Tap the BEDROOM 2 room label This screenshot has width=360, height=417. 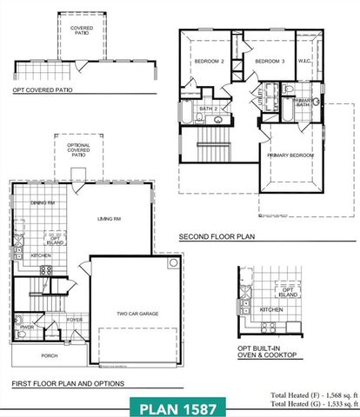pos(209,62)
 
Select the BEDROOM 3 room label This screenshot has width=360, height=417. pos(270,62)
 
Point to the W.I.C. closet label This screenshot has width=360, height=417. pos(305,61)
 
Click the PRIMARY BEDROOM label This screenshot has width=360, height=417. pos(290,155)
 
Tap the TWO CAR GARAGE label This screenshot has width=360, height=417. pos(137,314)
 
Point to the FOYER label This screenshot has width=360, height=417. pos(76,320)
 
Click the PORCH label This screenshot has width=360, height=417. pos(48,355)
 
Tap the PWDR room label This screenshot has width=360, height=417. pos(28,328)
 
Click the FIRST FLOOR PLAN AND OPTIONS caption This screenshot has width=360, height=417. pos(68,383)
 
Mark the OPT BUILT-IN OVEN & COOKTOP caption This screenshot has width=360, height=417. pos(268,351)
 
